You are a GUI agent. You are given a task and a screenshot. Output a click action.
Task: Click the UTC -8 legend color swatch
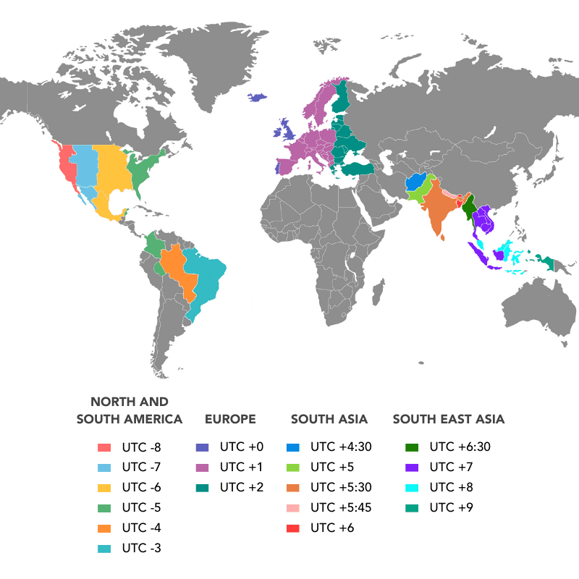tap(105, 447)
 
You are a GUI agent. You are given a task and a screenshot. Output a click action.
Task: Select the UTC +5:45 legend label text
tap(340, 507)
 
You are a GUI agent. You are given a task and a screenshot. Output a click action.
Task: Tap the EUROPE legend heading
tap(230, 419)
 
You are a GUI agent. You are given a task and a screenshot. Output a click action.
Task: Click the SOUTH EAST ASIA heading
tap(448, 419)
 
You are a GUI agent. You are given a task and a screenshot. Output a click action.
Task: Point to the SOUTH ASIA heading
tap(329, 419)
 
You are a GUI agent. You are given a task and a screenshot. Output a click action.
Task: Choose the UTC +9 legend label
tap(451, 507)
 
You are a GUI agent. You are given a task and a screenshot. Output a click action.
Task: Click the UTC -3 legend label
tap(142, 548)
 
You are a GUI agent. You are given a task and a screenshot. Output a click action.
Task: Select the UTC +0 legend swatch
tap(202, 447)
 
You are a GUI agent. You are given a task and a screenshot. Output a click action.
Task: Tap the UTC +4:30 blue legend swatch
tap(292, 447)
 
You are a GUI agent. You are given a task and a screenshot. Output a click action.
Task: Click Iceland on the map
tap(258, 98)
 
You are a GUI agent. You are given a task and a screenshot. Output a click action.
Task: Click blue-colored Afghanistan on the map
tap(415, 182)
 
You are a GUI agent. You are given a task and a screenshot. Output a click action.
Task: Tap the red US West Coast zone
tap(64, 163)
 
